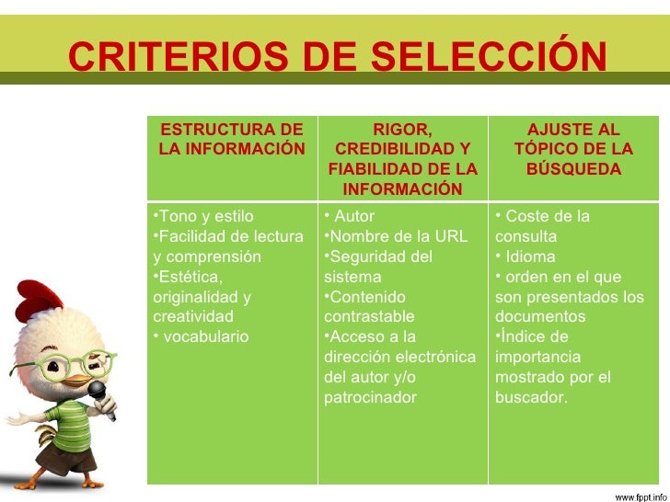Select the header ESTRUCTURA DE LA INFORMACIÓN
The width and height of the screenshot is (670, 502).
231,140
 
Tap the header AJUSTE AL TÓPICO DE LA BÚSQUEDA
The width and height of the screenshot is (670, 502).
572,150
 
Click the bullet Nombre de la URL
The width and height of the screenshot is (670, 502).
399,236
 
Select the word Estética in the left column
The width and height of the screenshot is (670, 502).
190,277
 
